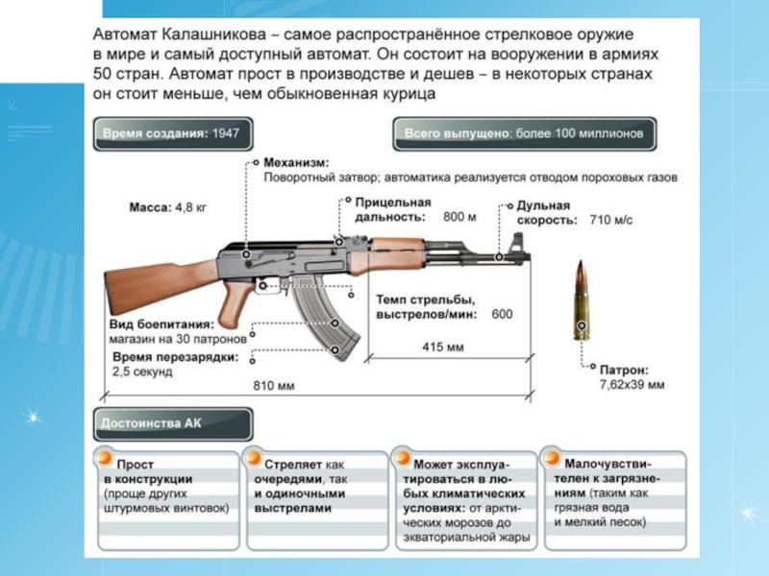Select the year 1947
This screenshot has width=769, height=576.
tap(226, 134)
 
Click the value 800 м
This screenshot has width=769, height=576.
tap(459, 218)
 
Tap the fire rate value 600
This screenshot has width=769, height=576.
tap(502, 314)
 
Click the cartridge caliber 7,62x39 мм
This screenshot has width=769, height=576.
tap(631, 384)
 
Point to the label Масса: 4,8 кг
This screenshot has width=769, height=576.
tap(167, 207)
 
